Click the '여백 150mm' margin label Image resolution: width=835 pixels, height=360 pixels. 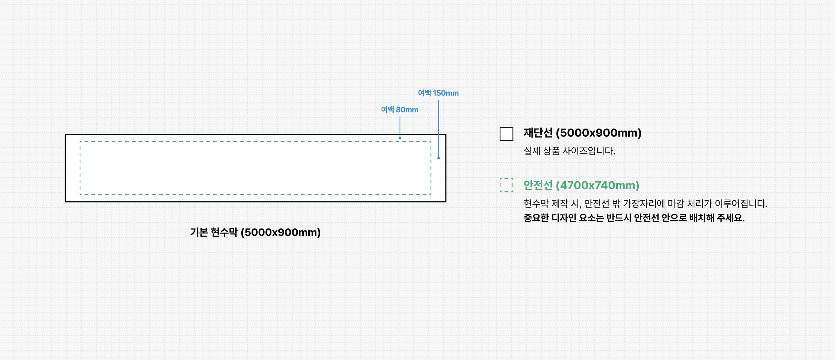(438, 93)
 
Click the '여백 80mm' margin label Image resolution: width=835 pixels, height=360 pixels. (399, 110)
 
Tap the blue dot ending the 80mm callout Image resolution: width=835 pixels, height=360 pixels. (400, 138)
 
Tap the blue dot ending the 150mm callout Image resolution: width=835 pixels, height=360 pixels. (438, 158)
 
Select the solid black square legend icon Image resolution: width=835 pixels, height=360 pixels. (506, 134)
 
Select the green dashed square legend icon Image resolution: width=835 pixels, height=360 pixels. (506, 185)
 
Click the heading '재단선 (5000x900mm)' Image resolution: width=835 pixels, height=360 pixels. (582, 133)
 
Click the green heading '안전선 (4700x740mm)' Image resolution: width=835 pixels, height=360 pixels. (581, 185)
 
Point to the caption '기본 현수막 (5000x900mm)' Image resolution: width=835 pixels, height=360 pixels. (255, 232)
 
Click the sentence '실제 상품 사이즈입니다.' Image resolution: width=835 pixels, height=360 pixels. (569, 151)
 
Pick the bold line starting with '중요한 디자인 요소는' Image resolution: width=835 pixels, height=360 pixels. (634, 218)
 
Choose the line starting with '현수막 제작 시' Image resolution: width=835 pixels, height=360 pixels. (645, 204)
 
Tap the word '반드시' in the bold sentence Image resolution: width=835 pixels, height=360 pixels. (618, 218)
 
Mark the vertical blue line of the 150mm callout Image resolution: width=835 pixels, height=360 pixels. (438, 128)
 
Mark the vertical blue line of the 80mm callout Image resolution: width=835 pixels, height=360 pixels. (400, 126)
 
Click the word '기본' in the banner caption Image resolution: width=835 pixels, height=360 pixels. (199, 232)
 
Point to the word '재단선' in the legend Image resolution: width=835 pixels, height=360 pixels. (538, 133)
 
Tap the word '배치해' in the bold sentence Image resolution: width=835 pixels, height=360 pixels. (702, 218)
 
